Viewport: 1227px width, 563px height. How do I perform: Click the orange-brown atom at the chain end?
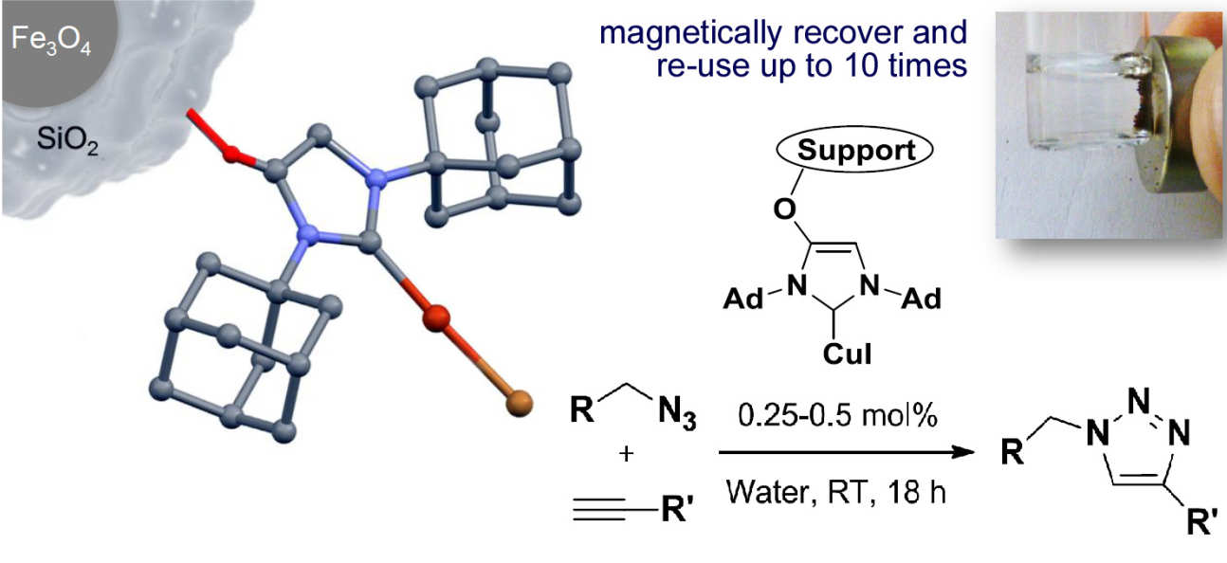coord(517,405)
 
